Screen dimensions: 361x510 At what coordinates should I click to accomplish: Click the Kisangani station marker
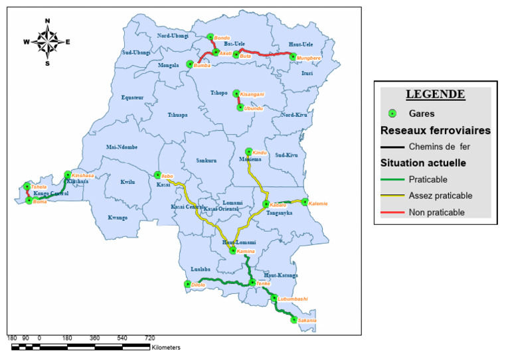(236, 94)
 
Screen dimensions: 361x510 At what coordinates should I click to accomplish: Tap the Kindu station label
(259, 153)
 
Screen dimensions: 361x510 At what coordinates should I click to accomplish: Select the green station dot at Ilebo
(157, 176)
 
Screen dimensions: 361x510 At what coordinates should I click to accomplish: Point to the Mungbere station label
(309, 58)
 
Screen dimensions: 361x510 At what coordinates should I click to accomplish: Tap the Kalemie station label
(319, 202)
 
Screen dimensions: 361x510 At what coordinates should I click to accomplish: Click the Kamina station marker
(232, 250)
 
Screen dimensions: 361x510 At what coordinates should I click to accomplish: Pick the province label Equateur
(132, 98)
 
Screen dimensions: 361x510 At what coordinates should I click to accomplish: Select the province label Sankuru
(207, 161)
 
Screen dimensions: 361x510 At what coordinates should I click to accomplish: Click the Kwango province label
(118, 217)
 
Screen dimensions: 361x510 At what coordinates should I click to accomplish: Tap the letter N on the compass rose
(47, 21)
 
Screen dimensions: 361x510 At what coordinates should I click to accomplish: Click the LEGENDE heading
(435, 94)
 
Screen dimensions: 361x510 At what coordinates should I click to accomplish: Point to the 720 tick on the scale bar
(149, 338)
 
